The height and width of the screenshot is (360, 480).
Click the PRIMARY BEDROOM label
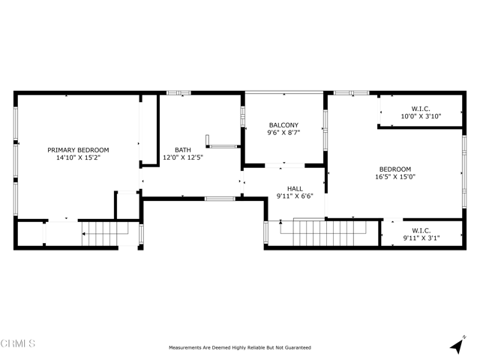click(x=78, y=150)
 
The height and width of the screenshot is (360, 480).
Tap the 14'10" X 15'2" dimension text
click(x=78, y=157)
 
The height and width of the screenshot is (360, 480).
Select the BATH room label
click(x=183, y=150)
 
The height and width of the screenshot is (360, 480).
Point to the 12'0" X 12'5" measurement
click(x=183, y=157)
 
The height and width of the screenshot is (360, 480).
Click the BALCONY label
click(x=283, y=125)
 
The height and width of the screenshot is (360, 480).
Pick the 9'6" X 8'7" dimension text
click(x=283, y=133)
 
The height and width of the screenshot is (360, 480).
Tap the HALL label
click(x=295, y=189)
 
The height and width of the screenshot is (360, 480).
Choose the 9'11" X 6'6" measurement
click(x=295, y=196)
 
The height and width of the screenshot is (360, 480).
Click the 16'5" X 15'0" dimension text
click(x=395, y=177)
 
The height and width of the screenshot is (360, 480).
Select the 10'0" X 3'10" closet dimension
click(x=421, y=116)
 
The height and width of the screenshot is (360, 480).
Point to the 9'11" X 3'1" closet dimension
click(x=421, y=238)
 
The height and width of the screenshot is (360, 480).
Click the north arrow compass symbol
click(x=457, y=344)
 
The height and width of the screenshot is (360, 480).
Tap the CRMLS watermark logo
click(x=18, y=343)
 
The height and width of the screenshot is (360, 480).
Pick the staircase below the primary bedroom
click(x=105, y=233)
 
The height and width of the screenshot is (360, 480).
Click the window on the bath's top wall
click(x=178, y=93)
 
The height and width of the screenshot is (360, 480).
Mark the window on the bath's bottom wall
click(x=220, y=199)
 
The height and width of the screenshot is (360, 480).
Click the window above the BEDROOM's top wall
click(x=351, y=93)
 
